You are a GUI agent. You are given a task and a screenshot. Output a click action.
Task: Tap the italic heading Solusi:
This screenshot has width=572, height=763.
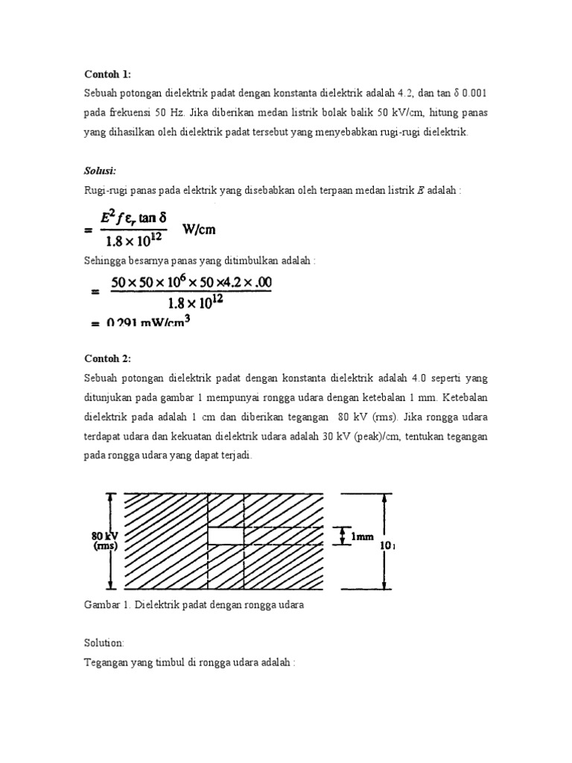point(100,171)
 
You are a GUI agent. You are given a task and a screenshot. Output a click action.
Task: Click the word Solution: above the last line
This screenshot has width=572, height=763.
point(104,642)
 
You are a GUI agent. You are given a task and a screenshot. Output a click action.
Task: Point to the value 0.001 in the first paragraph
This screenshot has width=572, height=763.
point(474,93)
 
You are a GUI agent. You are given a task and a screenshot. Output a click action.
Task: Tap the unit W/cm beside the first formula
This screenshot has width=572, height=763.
point(199,229)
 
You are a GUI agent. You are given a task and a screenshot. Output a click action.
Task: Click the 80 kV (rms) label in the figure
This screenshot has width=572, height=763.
point(105,540)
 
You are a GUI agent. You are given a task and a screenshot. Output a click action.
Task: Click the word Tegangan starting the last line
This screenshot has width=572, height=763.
point(105,661)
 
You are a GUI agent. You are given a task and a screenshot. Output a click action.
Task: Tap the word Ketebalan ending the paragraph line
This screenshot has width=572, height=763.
point(463,397)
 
